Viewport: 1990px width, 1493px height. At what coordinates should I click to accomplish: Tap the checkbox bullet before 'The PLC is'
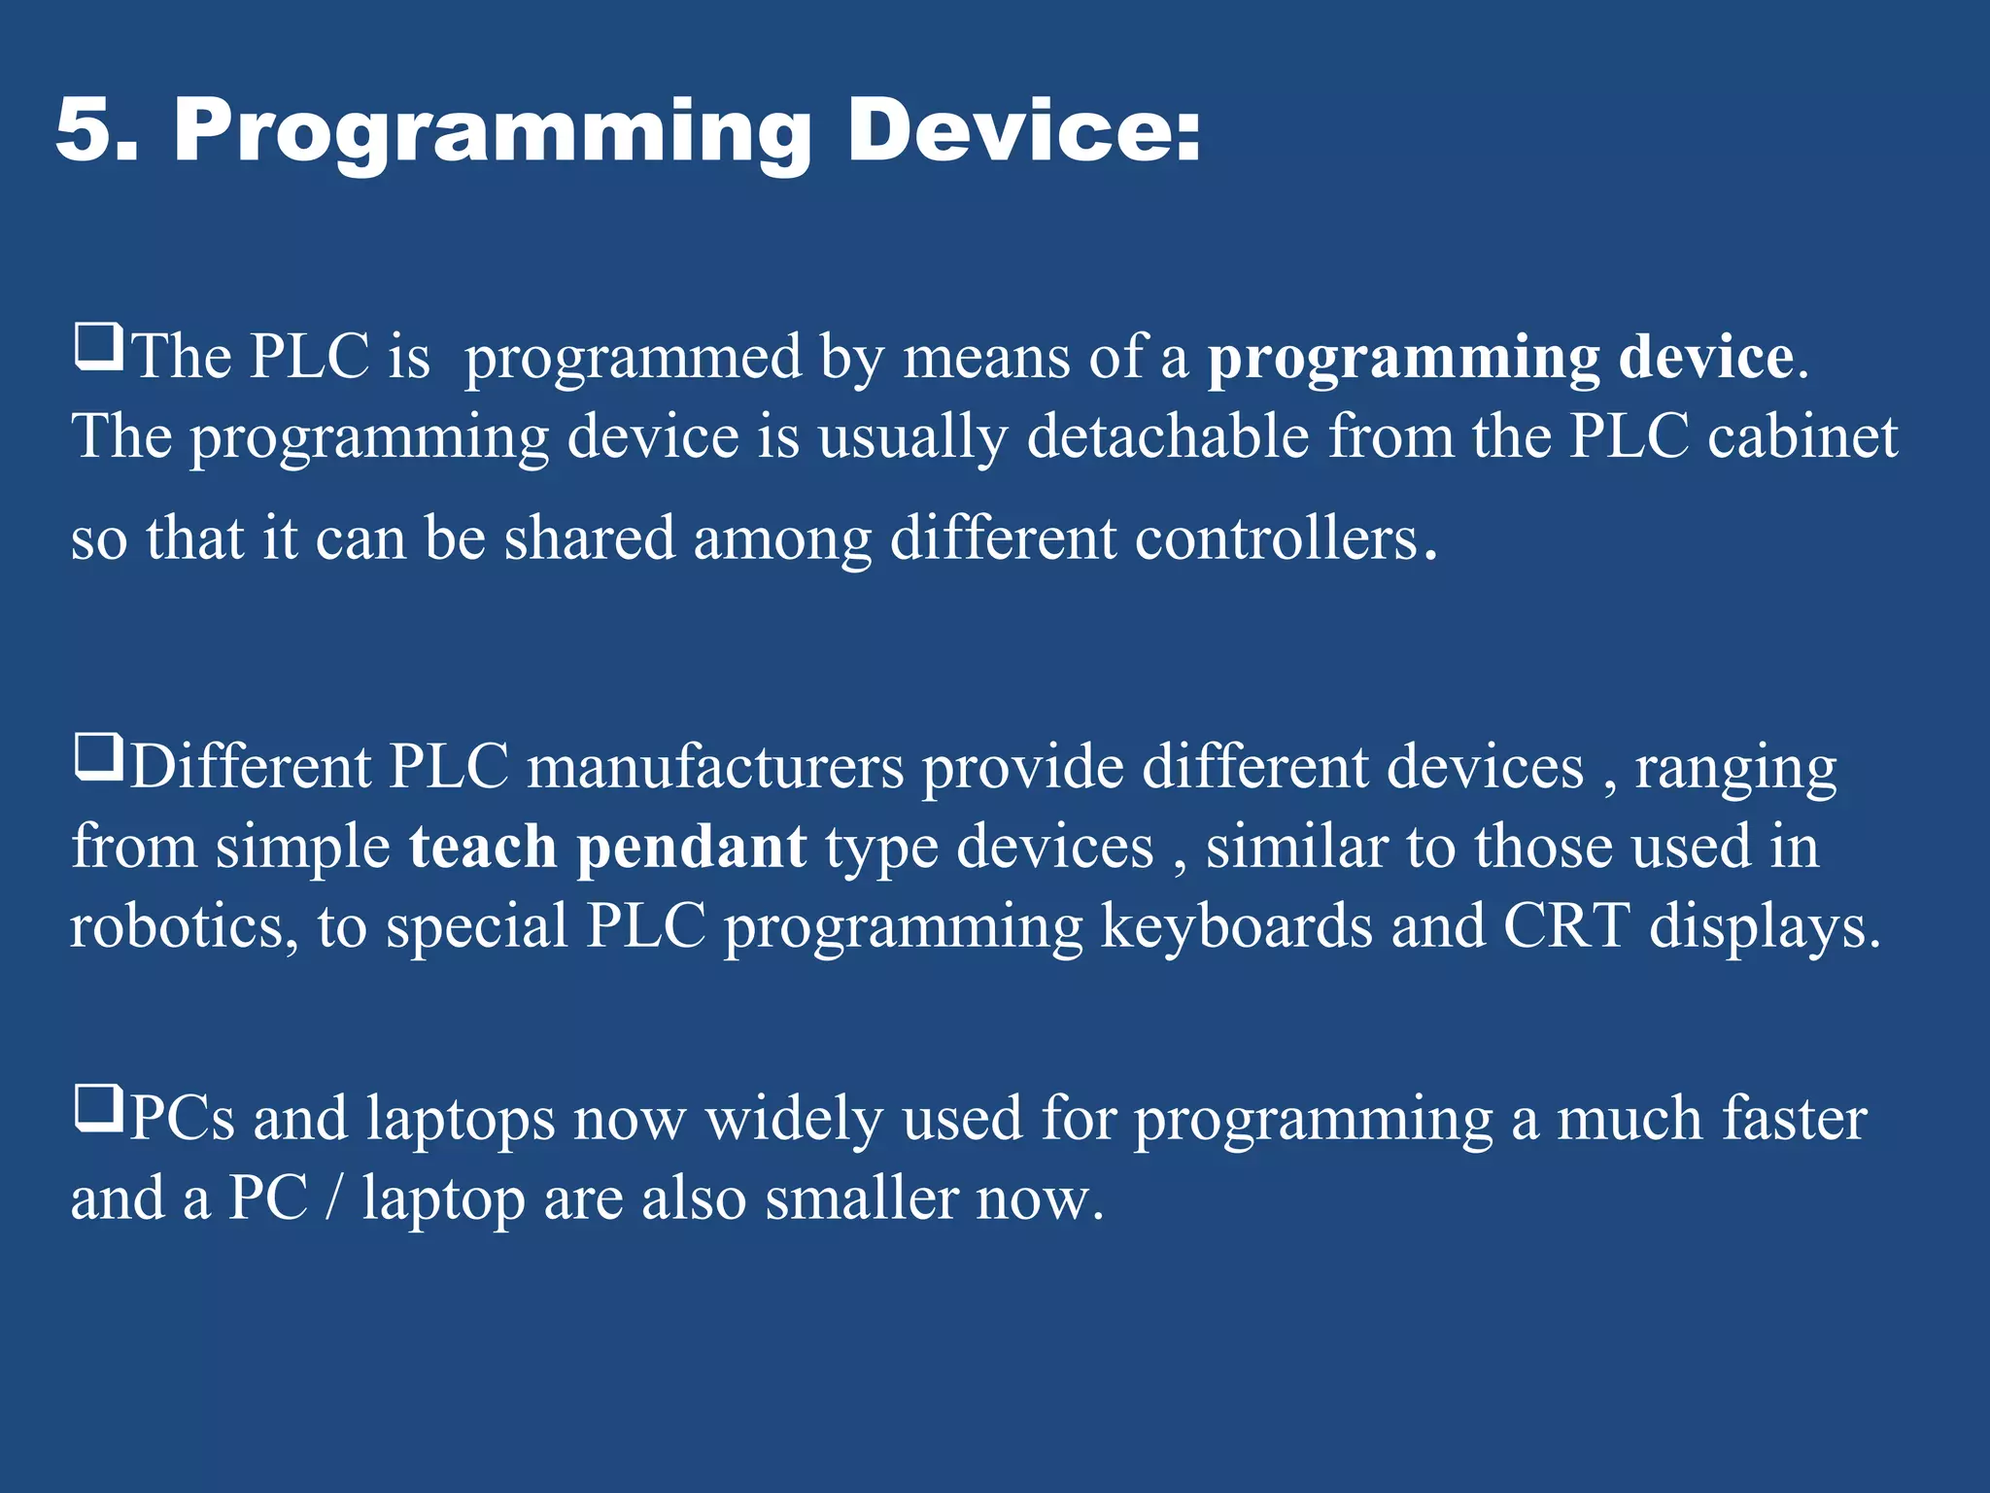click(98, 348)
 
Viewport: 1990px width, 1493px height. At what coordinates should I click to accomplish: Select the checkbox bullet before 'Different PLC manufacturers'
click(98, 758)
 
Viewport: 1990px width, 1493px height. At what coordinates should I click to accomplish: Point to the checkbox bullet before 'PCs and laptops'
click(98, 1110)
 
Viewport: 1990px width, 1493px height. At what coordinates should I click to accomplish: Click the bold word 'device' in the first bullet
click(1705, 357)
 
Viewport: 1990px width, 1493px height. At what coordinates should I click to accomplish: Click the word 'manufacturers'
click(715, 767)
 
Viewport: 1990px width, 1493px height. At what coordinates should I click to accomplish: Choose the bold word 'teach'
click(483, 847)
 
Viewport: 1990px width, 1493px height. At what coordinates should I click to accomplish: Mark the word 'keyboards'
click(1236, 927)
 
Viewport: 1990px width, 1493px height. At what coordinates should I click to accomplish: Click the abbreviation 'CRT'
click(1565, 925)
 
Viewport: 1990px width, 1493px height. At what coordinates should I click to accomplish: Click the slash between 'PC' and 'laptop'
click(334, 1198)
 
